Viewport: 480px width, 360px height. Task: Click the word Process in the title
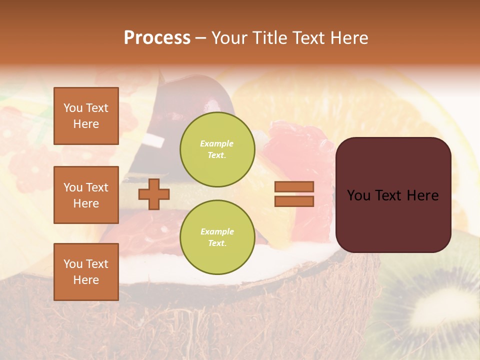click(157, 38)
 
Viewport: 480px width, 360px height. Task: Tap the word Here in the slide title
click(348, 38)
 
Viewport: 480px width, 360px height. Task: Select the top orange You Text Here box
click(86, 116)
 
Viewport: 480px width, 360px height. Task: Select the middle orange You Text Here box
click(86, 195)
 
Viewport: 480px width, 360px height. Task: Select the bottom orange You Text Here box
click(86, 272)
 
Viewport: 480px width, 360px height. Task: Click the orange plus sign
click(153, 194)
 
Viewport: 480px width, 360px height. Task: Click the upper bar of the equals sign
click(294, 186)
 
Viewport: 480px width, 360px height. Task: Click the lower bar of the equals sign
click(294, 201)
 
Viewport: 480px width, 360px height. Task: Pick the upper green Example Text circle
click(217, 149)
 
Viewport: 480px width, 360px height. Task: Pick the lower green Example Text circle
click(217, 237)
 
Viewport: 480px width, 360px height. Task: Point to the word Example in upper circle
click(217, 144)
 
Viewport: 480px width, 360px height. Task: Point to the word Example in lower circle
click(217, 232)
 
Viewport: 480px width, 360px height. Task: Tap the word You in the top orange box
click(72, 108)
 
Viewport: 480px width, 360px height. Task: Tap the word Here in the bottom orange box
click(86, 280)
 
